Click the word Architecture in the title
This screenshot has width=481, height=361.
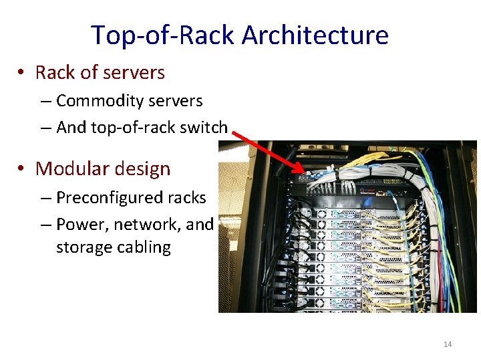315,35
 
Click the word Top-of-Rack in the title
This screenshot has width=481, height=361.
163,35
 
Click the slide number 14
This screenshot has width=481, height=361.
448,344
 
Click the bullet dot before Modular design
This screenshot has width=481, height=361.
23,169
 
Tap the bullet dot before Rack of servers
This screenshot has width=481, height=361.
23,73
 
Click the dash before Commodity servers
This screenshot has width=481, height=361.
46,102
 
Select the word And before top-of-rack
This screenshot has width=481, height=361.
69,127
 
